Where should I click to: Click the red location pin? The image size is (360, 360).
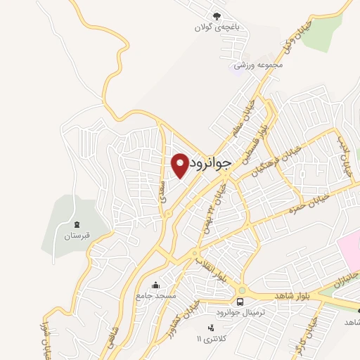click(x=180, y=165)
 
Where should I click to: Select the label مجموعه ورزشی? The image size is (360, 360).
click(x=259, y=65)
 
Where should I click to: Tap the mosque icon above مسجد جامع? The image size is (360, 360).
click(x=155, y=285)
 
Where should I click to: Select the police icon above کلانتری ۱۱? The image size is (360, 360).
click(x=209, y=328)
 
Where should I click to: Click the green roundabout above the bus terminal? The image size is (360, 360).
click(x=243, y=290)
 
